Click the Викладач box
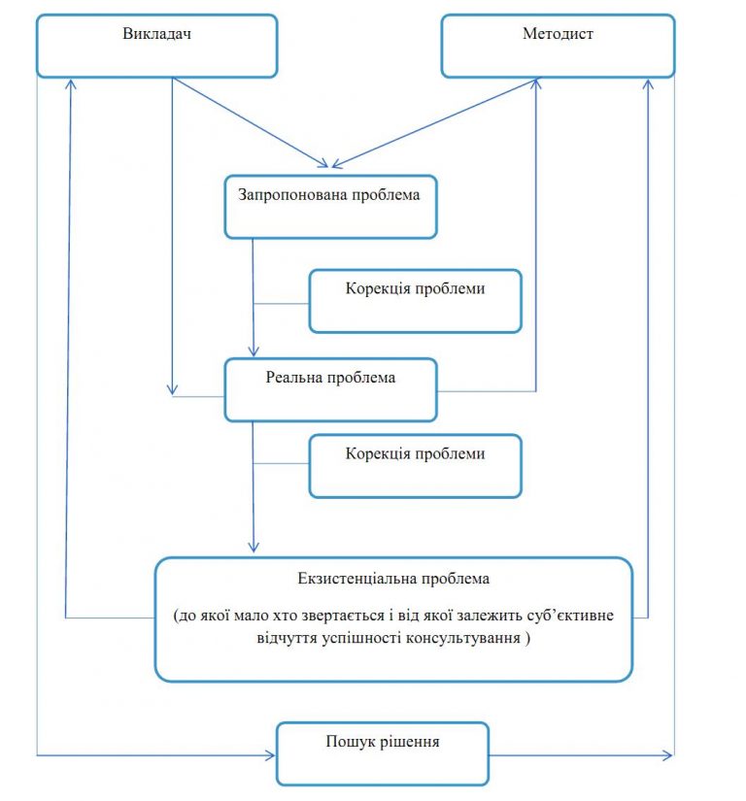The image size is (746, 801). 156,46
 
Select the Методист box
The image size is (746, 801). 558,46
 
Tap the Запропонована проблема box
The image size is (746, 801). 330,207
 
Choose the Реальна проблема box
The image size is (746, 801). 330,389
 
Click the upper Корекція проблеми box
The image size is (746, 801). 416,301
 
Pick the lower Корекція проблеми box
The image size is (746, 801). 416,466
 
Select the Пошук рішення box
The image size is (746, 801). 383,753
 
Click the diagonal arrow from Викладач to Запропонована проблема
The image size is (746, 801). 250,122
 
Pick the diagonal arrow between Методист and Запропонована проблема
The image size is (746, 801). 435,123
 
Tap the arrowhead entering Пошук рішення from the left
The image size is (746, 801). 271,755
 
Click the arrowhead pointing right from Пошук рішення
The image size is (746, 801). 666,755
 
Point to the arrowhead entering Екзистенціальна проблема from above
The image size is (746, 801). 254,547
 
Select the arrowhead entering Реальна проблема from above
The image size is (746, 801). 254,350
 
